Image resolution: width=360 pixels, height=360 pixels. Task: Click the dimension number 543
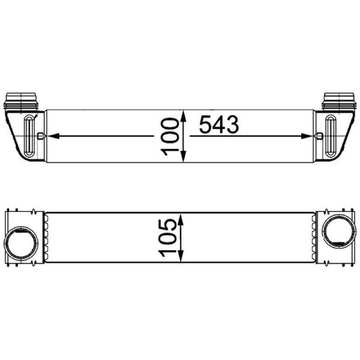pyautogui.click(x=219, y=124)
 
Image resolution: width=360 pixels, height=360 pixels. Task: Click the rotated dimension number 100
pyautogui.click(x=170, y=137)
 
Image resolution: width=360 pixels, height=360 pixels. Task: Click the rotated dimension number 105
pyautogui.click(x=167, y=238)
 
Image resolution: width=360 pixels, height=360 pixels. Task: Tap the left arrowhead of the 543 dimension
pyautogui.click(x=53, y=136)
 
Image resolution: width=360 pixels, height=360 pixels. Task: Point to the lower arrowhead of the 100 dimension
pyautogui.click(x=183, y=156)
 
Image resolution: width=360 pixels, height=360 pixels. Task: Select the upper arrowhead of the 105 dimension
pyautogui.click(x=181, y=220)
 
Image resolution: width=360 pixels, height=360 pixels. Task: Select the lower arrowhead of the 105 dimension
pyautogui.click(x=181, y=256)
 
